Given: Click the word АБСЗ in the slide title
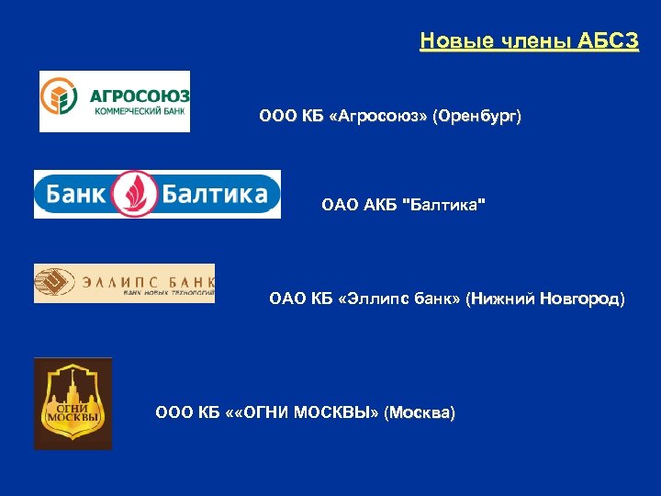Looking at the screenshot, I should point(610,41).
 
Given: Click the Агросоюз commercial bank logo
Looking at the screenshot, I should point(114,101).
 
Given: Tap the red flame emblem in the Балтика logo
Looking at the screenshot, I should point(140,194).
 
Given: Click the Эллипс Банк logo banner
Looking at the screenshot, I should point(124,283).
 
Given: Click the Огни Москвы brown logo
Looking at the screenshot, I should point(73,403).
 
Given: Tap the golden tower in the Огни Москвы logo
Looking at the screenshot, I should point(73,381).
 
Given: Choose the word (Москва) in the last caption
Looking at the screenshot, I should point(420,412).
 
